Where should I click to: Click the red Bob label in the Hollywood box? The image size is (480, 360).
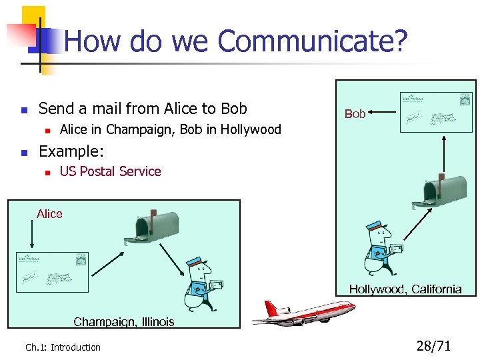click(355, 114)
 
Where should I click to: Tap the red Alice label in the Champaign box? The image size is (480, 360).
click(49, 214)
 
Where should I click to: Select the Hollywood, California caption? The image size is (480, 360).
click(405, 289)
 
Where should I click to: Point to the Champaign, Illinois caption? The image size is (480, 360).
click(124, 322)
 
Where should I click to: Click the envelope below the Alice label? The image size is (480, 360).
click(53, 272)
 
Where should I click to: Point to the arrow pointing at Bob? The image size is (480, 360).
click(381, 113)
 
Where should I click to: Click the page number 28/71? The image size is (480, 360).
click(433, 346)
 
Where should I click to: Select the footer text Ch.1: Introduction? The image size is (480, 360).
click(63, 347)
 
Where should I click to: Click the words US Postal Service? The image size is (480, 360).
click(111, 171)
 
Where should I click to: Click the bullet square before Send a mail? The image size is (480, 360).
click(23, 109)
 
